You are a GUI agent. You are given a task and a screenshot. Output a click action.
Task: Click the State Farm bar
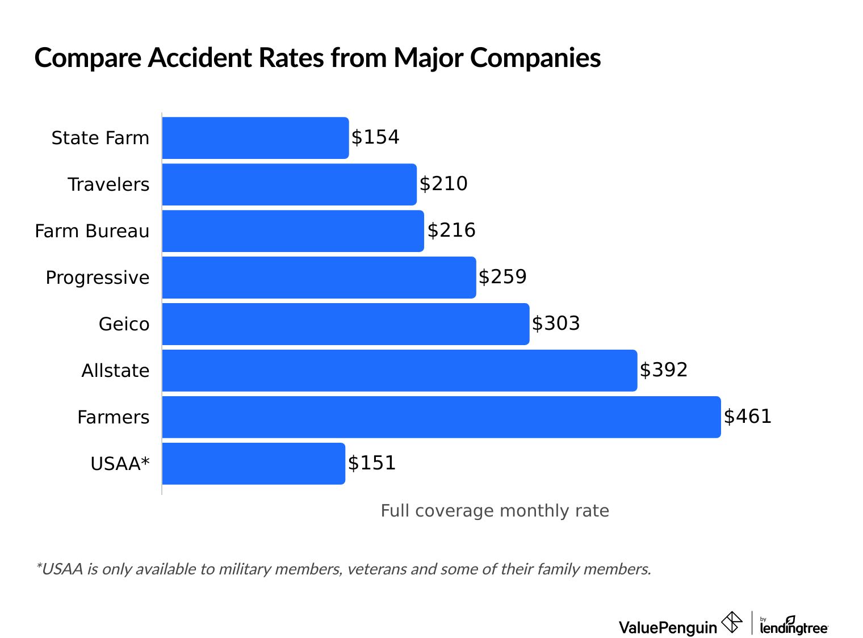[x=255, y=138]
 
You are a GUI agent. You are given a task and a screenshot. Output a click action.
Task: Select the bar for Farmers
[x=441, y=417]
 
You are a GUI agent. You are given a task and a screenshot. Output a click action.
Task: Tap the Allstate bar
[x=400, y=371]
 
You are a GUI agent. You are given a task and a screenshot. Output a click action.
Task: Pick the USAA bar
[x=253, y=464]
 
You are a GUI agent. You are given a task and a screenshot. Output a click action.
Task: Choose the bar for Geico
[x=346, y=324]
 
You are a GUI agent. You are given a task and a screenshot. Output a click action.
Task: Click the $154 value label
[x=375, y=137]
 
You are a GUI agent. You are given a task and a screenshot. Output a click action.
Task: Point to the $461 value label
[x=748, y=417]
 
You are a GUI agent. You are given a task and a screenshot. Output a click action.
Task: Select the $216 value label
[x=451, y=230]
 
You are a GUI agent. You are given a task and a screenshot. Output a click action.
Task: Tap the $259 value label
[x=502, y=277]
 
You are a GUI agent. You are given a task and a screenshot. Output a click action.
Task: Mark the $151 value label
[x=372, y=463]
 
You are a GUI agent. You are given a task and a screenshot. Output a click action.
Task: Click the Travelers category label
[x=108, y=184]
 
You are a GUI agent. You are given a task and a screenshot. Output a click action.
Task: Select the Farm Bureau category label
[x=92, y=231]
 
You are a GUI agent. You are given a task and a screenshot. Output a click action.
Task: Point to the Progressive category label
[x=98, y=278]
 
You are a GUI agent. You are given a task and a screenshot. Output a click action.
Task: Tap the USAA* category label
[x=120, y=464]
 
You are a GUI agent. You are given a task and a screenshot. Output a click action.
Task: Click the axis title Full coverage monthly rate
[x=495, y=511]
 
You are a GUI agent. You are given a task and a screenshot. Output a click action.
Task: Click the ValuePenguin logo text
[x=668, y=627]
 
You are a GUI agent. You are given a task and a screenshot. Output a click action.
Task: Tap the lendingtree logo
[x=794, y=626]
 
